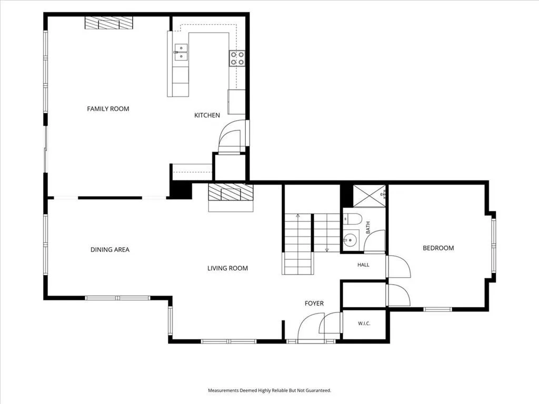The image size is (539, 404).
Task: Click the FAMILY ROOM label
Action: [108, 109]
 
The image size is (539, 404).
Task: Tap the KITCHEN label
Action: [207, 115]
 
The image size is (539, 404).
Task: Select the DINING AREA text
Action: [110, 250]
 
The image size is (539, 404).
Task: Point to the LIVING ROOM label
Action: [227, 268]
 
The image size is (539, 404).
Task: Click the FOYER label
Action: [314, 304]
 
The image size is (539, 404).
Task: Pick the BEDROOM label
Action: [438, 248]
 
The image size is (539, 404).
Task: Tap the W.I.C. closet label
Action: [364, 324]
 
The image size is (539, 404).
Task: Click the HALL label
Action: [363, 265]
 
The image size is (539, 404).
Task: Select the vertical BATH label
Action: [368, 228]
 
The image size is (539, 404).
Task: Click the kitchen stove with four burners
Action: [237, 58]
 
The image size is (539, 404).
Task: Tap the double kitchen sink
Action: [181, 52]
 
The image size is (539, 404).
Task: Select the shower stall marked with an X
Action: [370, 196]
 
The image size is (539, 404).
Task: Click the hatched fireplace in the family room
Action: [109, 23]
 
